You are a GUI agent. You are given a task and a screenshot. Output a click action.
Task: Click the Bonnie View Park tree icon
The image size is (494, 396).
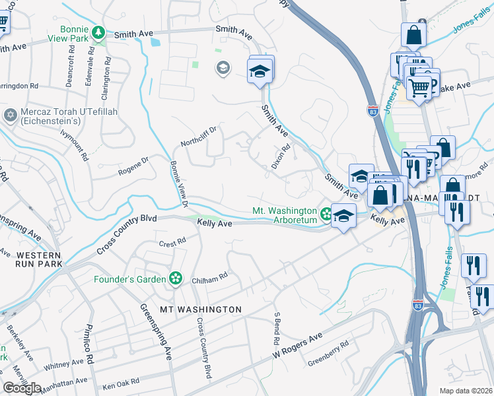pyautogui.click(x=98, y=32)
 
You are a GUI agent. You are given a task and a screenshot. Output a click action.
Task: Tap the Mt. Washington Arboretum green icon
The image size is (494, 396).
pyautogui.click(x=326, y=213)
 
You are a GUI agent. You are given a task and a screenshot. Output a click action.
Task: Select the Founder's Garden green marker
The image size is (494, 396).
pyautogui.click(x=175, y=279)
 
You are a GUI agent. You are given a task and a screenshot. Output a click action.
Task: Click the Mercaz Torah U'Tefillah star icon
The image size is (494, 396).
pyautogui.click(x=10, y=115)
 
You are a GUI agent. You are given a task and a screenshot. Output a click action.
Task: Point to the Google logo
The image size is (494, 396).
pyautogui.click(x=22, y=387)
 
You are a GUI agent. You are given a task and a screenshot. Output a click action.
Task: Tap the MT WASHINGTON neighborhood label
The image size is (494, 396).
pyautogui.click(x=191, y=309)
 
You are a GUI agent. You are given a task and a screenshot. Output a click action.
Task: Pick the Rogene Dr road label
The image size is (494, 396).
pyautogui.click(x=133, y=166)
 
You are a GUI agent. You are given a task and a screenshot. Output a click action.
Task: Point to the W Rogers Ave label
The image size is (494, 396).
pyautogui.click(x=299, y=346)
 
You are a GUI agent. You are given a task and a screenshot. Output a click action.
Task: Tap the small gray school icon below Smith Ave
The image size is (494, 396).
pyautogui.click(x=223, y=67)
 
